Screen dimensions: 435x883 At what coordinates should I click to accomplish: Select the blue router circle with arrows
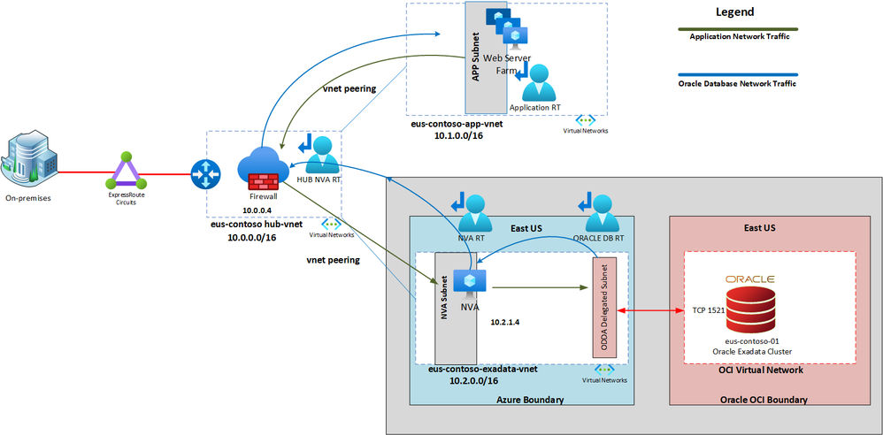point(205,174)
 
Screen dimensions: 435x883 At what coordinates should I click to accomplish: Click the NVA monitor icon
point(466,281)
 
